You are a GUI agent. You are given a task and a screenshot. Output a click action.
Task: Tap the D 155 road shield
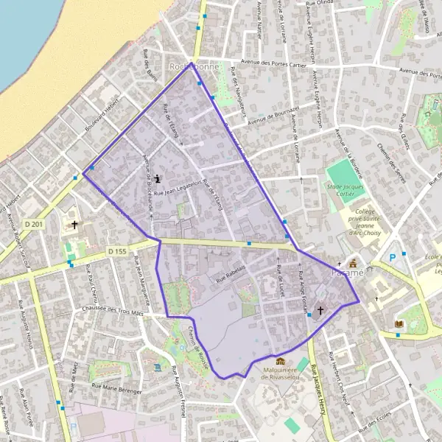point(117,251)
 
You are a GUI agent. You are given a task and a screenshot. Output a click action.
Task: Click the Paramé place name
point(348,273)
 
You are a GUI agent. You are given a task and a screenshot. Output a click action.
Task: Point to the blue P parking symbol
point(392,257)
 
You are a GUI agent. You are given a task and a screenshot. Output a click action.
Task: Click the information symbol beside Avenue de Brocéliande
point(159,178)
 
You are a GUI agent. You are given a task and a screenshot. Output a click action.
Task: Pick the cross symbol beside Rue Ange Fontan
point(320,311)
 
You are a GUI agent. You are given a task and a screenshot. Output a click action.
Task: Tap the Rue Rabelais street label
point(230,274)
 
